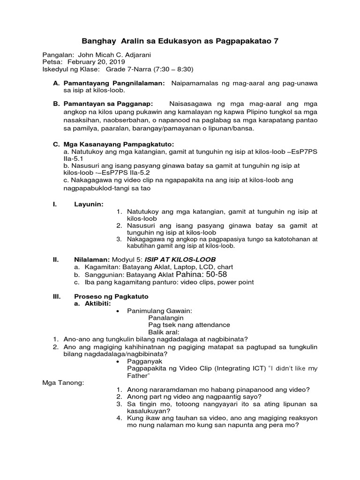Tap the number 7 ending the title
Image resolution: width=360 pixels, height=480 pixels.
(x=276, y=41)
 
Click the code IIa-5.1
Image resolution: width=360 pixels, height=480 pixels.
(x=72, y=159)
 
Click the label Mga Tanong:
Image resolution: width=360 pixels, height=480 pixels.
(x=63, y=383)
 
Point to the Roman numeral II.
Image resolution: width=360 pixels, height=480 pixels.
(x=55, y=259)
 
